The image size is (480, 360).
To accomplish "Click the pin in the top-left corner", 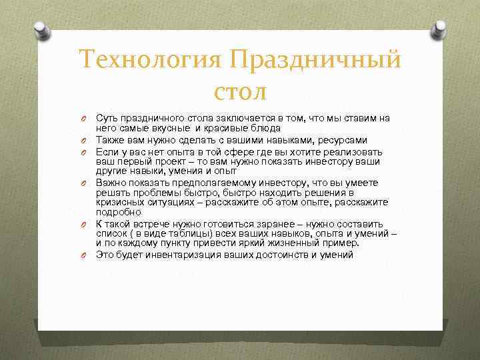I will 41,30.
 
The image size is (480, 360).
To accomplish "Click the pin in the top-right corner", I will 439,30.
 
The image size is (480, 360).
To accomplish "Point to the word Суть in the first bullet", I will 107,118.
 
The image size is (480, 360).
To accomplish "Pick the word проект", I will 179,161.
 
